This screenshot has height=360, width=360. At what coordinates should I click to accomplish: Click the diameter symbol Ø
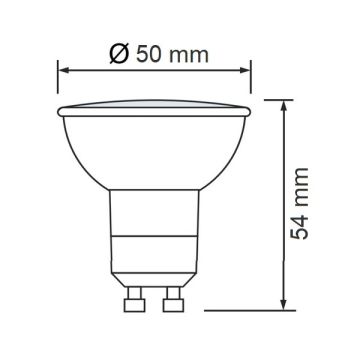pos(119,54)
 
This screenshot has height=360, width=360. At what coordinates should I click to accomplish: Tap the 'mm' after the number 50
pos(188,57)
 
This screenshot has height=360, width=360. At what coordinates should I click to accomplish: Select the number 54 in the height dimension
pos(299,227)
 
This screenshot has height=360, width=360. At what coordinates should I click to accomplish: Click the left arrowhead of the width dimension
pos(63,70)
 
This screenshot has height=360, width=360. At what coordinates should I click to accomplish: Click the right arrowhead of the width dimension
pos(245,70)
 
